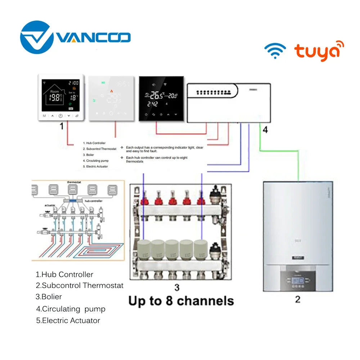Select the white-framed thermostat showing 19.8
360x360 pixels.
(61, 97)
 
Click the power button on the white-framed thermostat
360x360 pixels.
(60, 116)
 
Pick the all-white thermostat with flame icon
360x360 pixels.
(111, 98)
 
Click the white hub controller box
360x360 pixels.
(228, 103)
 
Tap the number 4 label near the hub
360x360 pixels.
(265, 130)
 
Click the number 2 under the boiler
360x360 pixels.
(297, 299)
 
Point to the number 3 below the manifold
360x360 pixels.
(177, 288)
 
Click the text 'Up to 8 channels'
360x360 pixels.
(181, 301)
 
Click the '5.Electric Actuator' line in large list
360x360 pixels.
(68, 320)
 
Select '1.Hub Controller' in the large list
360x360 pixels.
(64, 274)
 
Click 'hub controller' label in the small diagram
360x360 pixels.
(94, 200)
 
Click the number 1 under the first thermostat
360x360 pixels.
(61, 126)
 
